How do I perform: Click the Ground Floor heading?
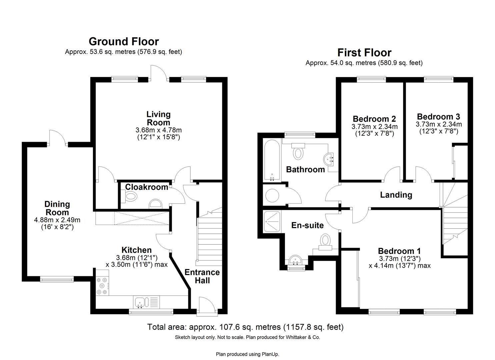124,42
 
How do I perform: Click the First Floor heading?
364,53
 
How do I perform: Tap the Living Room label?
158,118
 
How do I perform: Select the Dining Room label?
57,208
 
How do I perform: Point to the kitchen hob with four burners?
102,286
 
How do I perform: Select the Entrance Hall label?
202,276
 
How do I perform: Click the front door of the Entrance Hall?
207,305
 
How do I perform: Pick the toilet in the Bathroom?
298,152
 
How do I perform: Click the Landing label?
396,195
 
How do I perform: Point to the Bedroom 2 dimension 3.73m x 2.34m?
374,127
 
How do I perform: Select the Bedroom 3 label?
438,117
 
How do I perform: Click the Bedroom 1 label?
399,251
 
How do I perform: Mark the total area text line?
245,327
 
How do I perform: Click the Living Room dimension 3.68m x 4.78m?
159,130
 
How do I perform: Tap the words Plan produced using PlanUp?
247,354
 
